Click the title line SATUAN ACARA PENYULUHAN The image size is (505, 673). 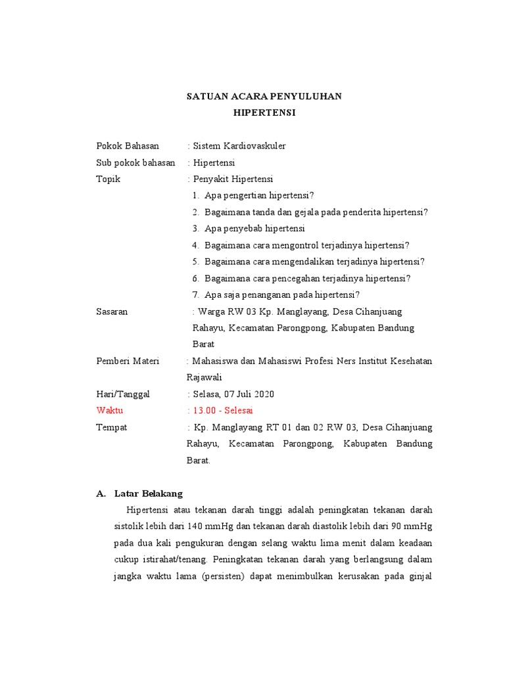tap(264, 96)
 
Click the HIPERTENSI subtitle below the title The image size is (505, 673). tap(264, 113)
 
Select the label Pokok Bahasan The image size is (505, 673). tap(128, 146)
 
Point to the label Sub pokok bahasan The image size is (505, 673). tap(135, 162)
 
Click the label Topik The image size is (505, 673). tap(108, 179)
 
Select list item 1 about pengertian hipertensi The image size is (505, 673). tap(259, 195)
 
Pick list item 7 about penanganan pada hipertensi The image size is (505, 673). tap(281, 295)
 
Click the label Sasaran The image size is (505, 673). tap(112, 312)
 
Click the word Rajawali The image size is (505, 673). tap(204, 377)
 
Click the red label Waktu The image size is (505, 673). tap(110, 410)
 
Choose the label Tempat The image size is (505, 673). tap(112, 427)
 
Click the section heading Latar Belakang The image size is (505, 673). tap(148, 493)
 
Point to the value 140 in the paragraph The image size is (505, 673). tap(195, 526)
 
